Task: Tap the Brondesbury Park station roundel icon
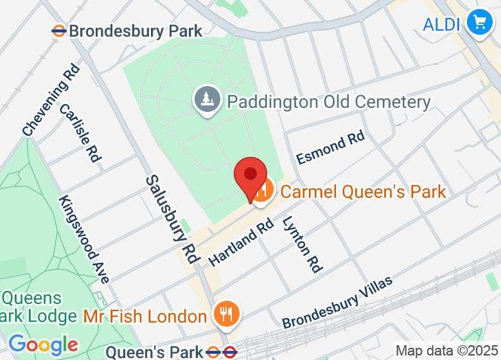[x=59, y=30]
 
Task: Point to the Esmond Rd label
[x=330, y=148]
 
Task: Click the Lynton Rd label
[x=301, y=244]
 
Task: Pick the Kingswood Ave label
[x=84, y=239]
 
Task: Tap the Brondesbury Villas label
[x=337, y=301]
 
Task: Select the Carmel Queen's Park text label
[x=363, y=191]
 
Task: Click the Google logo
[x=43, y=345]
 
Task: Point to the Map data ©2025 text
[x=447, y=351]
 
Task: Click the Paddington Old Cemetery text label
[x=328, y=102]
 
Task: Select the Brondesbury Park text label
[x=135, y=30]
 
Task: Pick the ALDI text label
[x=442, y=24]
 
